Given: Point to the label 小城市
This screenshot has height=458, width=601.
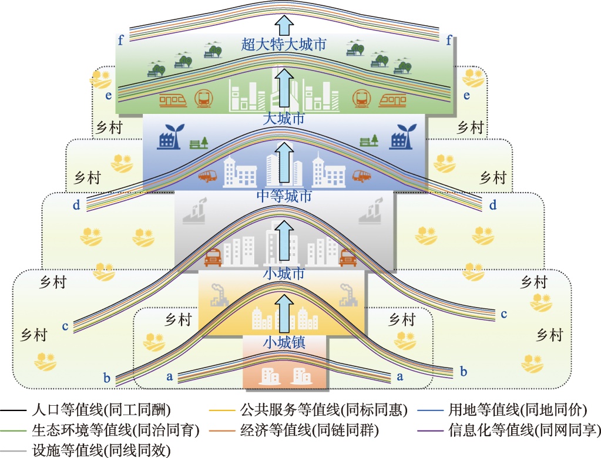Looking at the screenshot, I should coord(284,274).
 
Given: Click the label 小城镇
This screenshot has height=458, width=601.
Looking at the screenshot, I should coord(284,342).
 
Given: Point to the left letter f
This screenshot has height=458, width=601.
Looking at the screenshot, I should coord(120,41).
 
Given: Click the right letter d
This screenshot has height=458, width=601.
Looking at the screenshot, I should coord(492,206).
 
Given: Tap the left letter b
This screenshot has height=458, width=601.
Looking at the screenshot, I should coord(106,378).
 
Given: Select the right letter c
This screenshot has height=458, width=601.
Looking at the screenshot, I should coord(503,314).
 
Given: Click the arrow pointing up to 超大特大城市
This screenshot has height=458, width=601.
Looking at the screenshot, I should coord(284,25).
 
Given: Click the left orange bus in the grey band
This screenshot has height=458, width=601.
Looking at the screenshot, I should coord(213,258).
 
